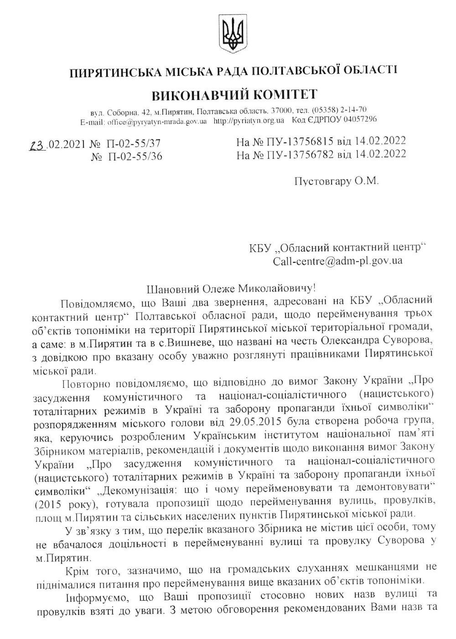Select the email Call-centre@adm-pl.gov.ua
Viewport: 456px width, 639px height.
[x=337, y=262]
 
